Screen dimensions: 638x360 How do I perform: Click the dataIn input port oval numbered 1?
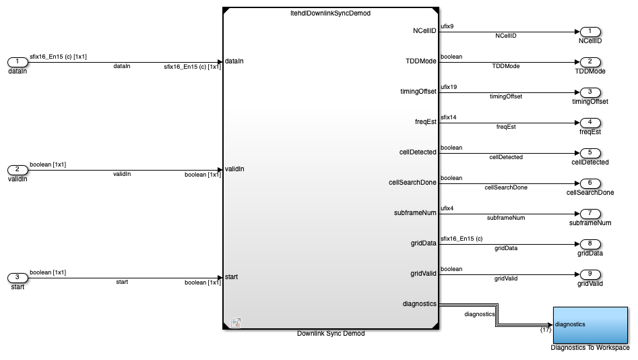coord(18,62)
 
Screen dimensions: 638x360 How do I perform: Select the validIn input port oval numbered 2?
coord(18,170)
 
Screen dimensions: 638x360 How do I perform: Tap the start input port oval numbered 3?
coord(18,278)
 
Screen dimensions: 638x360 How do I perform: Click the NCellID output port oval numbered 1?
coord(590,32)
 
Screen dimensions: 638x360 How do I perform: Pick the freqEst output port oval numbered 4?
coord(590,123)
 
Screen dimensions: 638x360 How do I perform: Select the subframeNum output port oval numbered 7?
coord(590,214)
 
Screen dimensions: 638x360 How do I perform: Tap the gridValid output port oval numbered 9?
coord(590,274)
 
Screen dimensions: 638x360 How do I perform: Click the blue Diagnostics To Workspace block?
coord(590,325)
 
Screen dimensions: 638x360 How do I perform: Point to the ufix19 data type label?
coord(449,87)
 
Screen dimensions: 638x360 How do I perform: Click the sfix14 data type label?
coord(449,117)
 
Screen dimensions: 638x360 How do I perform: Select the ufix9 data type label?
coord(447,26)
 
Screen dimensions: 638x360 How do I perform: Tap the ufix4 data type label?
coord(447,208)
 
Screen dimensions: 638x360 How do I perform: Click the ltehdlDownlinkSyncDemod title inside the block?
coord(330,13)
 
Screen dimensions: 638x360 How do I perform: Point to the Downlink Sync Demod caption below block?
coord(331,334)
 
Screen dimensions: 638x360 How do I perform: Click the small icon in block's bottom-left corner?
coord(236,323)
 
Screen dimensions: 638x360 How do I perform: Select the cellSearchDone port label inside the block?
coord(412,183)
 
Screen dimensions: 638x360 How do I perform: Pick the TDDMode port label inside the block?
coord(420,61)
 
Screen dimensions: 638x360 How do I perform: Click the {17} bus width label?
coord(546,330)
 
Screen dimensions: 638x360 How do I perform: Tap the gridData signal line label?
coord(506,248)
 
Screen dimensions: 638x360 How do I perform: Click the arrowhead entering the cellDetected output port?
coord(577,153)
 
